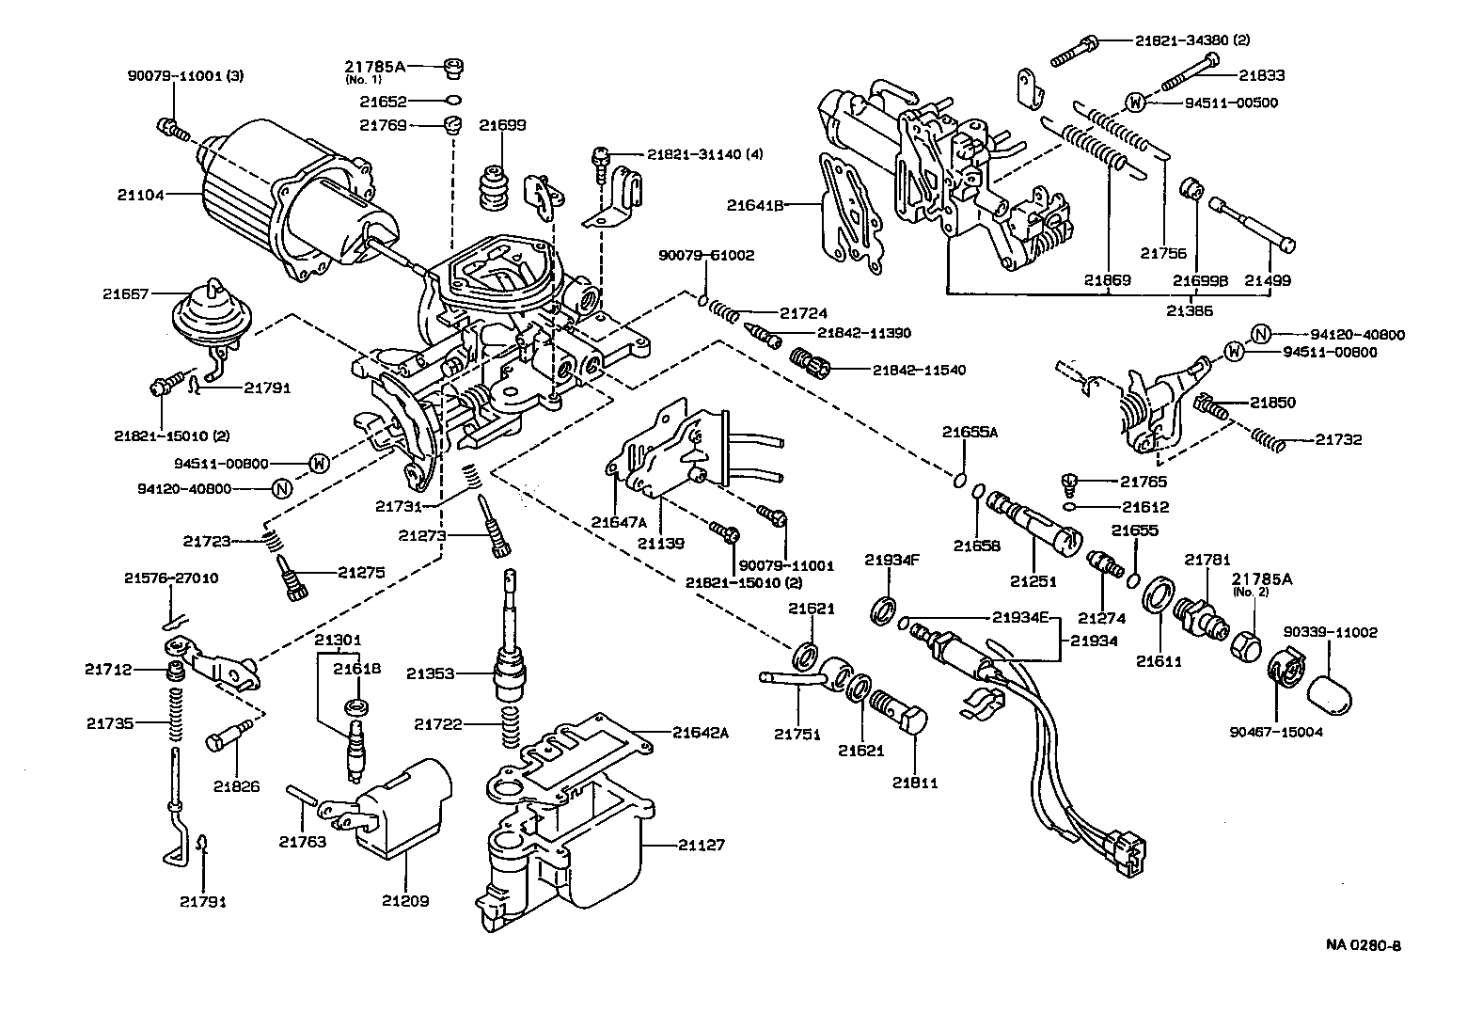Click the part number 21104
click(x=140, y=195)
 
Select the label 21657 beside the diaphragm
click(x=126, y=293)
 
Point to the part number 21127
click(x=702, y=845)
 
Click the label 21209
click(x=405, y=900)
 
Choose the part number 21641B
click(x=755, y=204)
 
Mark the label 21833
click(x=1261, y=75)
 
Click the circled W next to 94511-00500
click(x=1135, y=102)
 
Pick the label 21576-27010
click(x=171, y=578)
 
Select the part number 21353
click(x=431, y=673)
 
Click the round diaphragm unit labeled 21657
click(x=204, y=318)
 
